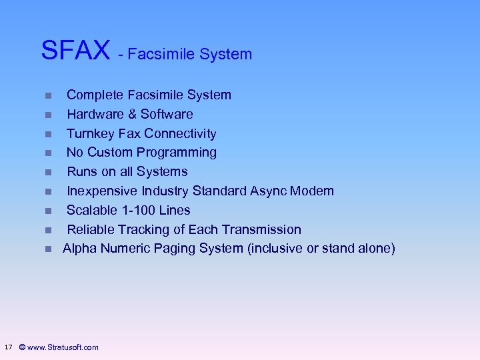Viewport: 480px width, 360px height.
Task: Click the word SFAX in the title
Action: click(75, 50)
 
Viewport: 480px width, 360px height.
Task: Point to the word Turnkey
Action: click(91, 133)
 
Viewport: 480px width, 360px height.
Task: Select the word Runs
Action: click(81, 171)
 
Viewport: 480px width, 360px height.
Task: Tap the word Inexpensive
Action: click(103, 191)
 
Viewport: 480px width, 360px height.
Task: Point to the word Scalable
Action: click(93, 210)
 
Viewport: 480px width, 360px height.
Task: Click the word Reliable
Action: click(91, 229)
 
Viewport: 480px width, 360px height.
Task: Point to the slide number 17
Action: click(8, 347)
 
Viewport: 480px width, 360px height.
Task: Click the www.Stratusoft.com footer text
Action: click(63, 347)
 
